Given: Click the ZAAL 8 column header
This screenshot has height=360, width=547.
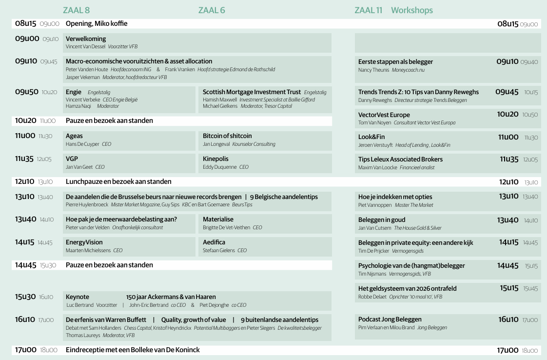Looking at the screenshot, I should (76, 10).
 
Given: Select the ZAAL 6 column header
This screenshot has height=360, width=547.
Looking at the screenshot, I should (212, 10).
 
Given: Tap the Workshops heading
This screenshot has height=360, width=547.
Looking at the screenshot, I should (411, 10).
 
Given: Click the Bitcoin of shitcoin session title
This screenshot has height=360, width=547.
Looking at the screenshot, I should (227, 136).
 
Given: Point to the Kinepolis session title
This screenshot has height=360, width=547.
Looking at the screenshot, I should (215, 159).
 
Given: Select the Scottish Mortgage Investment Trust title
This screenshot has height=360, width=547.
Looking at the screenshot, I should (252, 92).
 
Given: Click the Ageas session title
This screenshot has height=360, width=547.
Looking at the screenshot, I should (74, 136).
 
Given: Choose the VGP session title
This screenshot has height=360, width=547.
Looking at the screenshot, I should (72, 159).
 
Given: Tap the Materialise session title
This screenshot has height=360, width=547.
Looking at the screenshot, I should (218, 219).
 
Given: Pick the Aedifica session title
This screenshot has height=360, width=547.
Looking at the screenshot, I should (214, 242).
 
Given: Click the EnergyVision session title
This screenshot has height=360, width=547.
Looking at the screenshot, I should (84, 242).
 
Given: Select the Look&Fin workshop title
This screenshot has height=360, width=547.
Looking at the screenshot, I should (371, 137).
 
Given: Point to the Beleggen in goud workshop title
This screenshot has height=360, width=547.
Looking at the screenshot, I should (382, 220).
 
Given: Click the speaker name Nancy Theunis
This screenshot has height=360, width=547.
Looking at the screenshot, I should (373, 70).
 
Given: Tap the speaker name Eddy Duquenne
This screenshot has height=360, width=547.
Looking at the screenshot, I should (219, 167).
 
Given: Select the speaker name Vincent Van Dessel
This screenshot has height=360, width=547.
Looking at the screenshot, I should (85, 47).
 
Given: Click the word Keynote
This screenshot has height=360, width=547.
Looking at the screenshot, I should (78, 297).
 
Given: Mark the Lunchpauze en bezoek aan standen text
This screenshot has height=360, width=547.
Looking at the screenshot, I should (118, 181).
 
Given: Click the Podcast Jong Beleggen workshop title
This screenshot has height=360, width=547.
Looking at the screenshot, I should (390, 319).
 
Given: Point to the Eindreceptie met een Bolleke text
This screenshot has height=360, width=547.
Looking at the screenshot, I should (133, 350).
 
